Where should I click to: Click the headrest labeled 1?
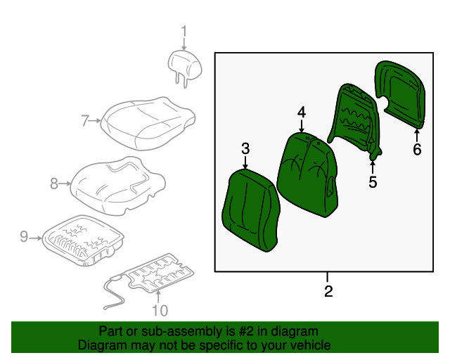pyautogui.click(x=184, y=64)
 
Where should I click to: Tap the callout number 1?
pyautogui.click(x=184, y=32)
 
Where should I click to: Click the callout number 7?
pyautogui.click(x=85, y=121)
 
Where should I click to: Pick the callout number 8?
pyautogui.click(x=54, y=184)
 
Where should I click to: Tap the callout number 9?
pyautogui.click(x=24, y=237)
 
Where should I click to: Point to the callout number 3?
pyautogui.click(x=245, y=148)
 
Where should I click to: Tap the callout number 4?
pyautogui.click(x=301, y=112)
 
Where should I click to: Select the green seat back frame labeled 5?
pyautogui.click(x=357, y=121)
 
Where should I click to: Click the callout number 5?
pyautogui.click(x=373, y=182)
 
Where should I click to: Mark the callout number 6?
pyautogui.click(x=417, y=149)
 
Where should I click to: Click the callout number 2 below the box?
pyautogui.click(x=328, y=291)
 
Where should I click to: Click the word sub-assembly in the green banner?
pyautogui.click(x=158, y=331)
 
